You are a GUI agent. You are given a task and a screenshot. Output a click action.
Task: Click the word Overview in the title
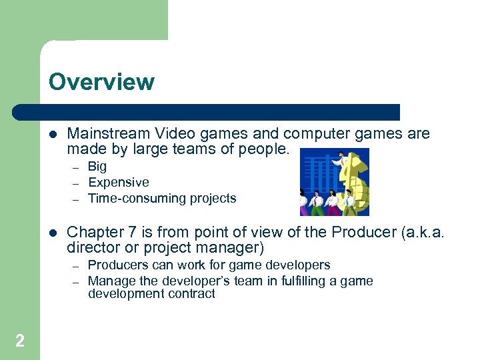pyautogui.click(x=101, y=82)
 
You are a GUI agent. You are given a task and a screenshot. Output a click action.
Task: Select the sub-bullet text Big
pyautogui.click(x=97, y=167)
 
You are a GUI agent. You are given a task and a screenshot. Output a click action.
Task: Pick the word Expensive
pyautogui.click(x=119, y=182)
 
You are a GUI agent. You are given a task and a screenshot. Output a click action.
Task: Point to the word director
pyautogui.click(x=91, y=249)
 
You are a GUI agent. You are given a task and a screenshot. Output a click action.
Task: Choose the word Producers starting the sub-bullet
pyautogui.click(x=118, y=265)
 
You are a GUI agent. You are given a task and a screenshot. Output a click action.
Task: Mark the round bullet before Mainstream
pyautogui.click(x=53, y=134)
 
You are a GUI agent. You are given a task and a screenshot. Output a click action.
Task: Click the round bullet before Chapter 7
pyautogui.click(x=53, y=232)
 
